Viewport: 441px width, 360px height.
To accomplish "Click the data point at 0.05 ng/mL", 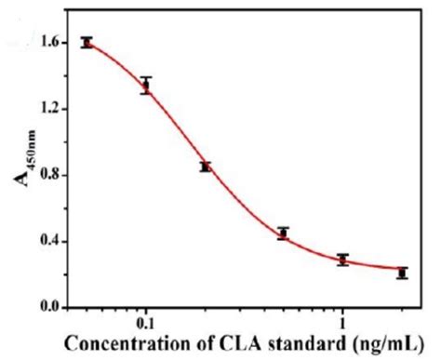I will pyautogui.click(x=87, y=42).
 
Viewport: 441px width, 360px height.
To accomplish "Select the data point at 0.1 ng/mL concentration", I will pyautogui.click(x=145, y=87).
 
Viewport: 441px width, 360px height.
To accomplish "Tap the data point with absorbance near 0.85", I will pyautogui.click(x=205, y=167).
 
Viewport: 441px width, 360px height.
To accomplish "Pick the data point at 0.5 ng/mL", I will pyautogui.click(x=283, y=233).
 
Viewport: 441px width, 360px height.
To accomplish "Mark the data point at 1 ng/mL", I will pyautogui.click(x=342, y=260).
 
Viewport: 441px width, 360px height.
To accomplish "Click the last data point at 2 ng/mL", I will pyautogui.click(x=401, y=273).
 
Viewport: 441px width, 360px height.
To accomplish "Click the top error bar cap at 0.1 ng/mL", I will pyautogui.click(x=145, y=78).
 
